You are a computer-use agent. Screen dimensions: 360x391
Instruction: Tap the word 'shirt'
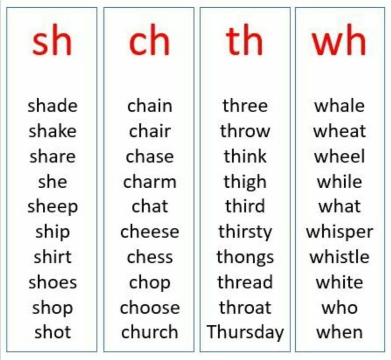tap(52, 257)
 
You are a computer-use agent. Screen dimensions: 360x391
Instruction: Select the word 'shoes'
tap(52, 282)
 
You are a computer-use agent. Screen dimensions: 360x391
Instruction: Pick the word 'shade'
tap(52, 106)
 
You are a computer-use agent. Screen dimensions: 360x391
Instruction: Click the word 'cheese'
tap(150, 232)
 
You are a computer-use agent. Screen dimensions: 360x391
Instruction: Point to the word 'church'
tap(150, 332)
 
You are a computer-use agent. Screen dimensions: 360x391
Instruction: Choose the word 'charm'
tap(150, 182)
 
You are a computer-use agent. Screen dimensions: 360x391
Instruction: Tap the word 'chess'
tap(150, 257)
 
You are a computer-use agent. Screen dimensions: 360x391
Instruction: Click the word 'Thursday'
tap(245, 332)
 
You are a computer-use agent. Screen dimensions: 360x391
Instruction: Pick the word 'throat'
tap(245, 307)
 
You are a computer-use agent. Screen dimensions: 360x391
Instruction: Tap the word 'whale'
tap(340, 106)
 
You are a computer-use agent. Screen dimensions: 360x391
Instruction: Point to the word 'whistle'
tap(340, 257)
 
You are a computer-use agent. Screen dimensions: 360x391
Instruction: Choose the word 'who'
tap(340, 307)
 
